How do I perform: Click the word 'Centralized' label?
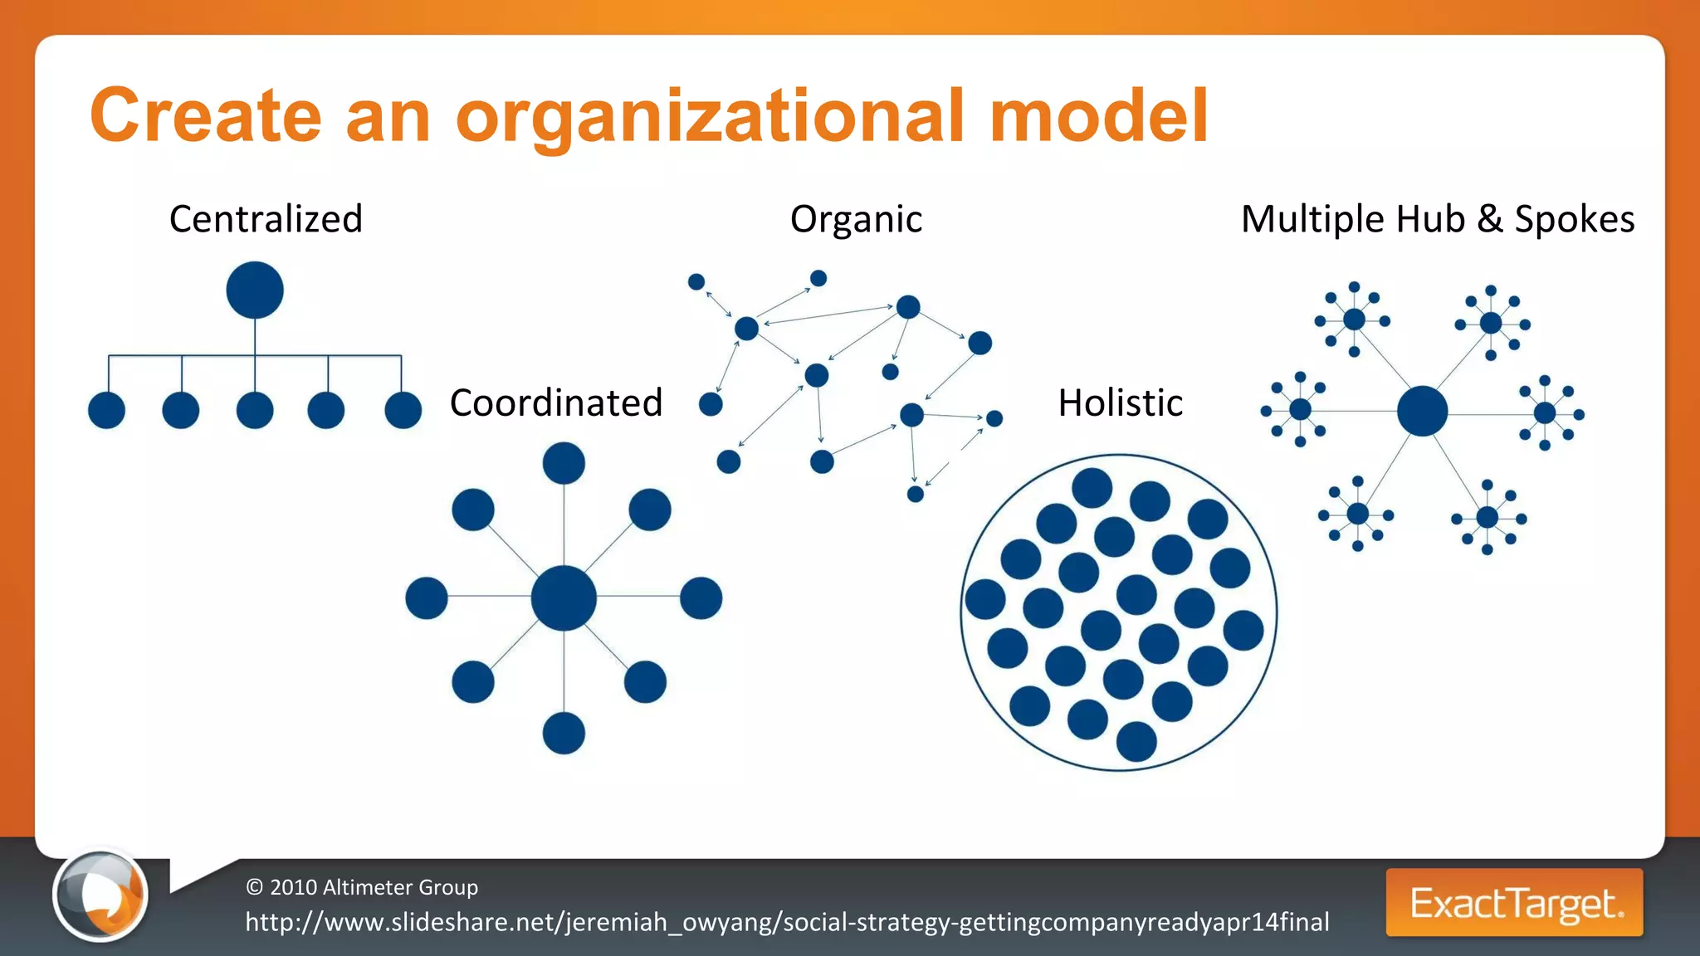tap(266, 220)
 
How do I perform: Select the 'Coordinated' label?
tap(556, 403)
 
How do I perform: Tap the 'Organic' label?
tap(856, 220)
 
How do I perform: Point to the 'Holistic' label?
tap(1120, 403)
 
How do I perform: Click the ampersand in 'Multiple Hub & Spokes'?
tap(1489, 220)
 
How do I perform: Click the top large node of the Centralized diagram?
tap(255, 290)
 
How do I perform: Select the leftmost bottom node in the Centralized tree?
tap(106, 410)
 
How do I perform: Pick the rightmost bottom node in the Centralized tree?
tap(403, 410)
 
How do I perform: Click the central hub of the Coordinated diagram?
tap(564, 597)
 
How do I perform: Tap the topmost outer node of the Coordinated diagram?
tap(564, 463)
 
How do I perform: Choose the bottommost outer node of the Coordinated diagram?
tap(564, 734)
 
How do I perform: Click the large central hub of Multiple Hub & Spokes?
tap(1422, 411)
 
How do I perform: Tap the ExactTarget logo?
tap(1514, 903)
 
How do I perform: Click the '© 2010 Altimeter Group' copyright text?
tap(362, 887)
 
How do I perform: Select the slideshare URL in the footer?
tap(787, 922)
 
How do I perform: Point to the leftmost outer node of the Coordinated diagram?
tap(427, 598)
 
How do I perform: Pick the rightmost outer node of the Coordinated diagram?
tap(701, 598)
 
